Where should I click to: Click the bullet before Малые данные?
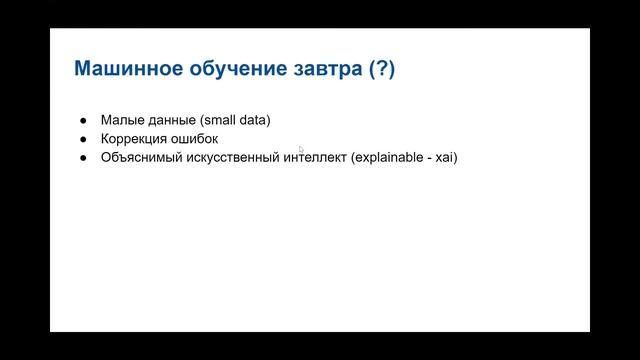[x=82, y=120]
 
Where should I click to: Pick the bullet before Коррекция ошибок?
[x=82, y=139]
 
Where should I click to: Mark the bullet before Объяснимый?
[x=82, y=158]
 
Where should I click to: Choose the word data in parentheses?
[x=255, y=120]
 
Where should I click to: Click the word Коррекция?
[x=135, y=139]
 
